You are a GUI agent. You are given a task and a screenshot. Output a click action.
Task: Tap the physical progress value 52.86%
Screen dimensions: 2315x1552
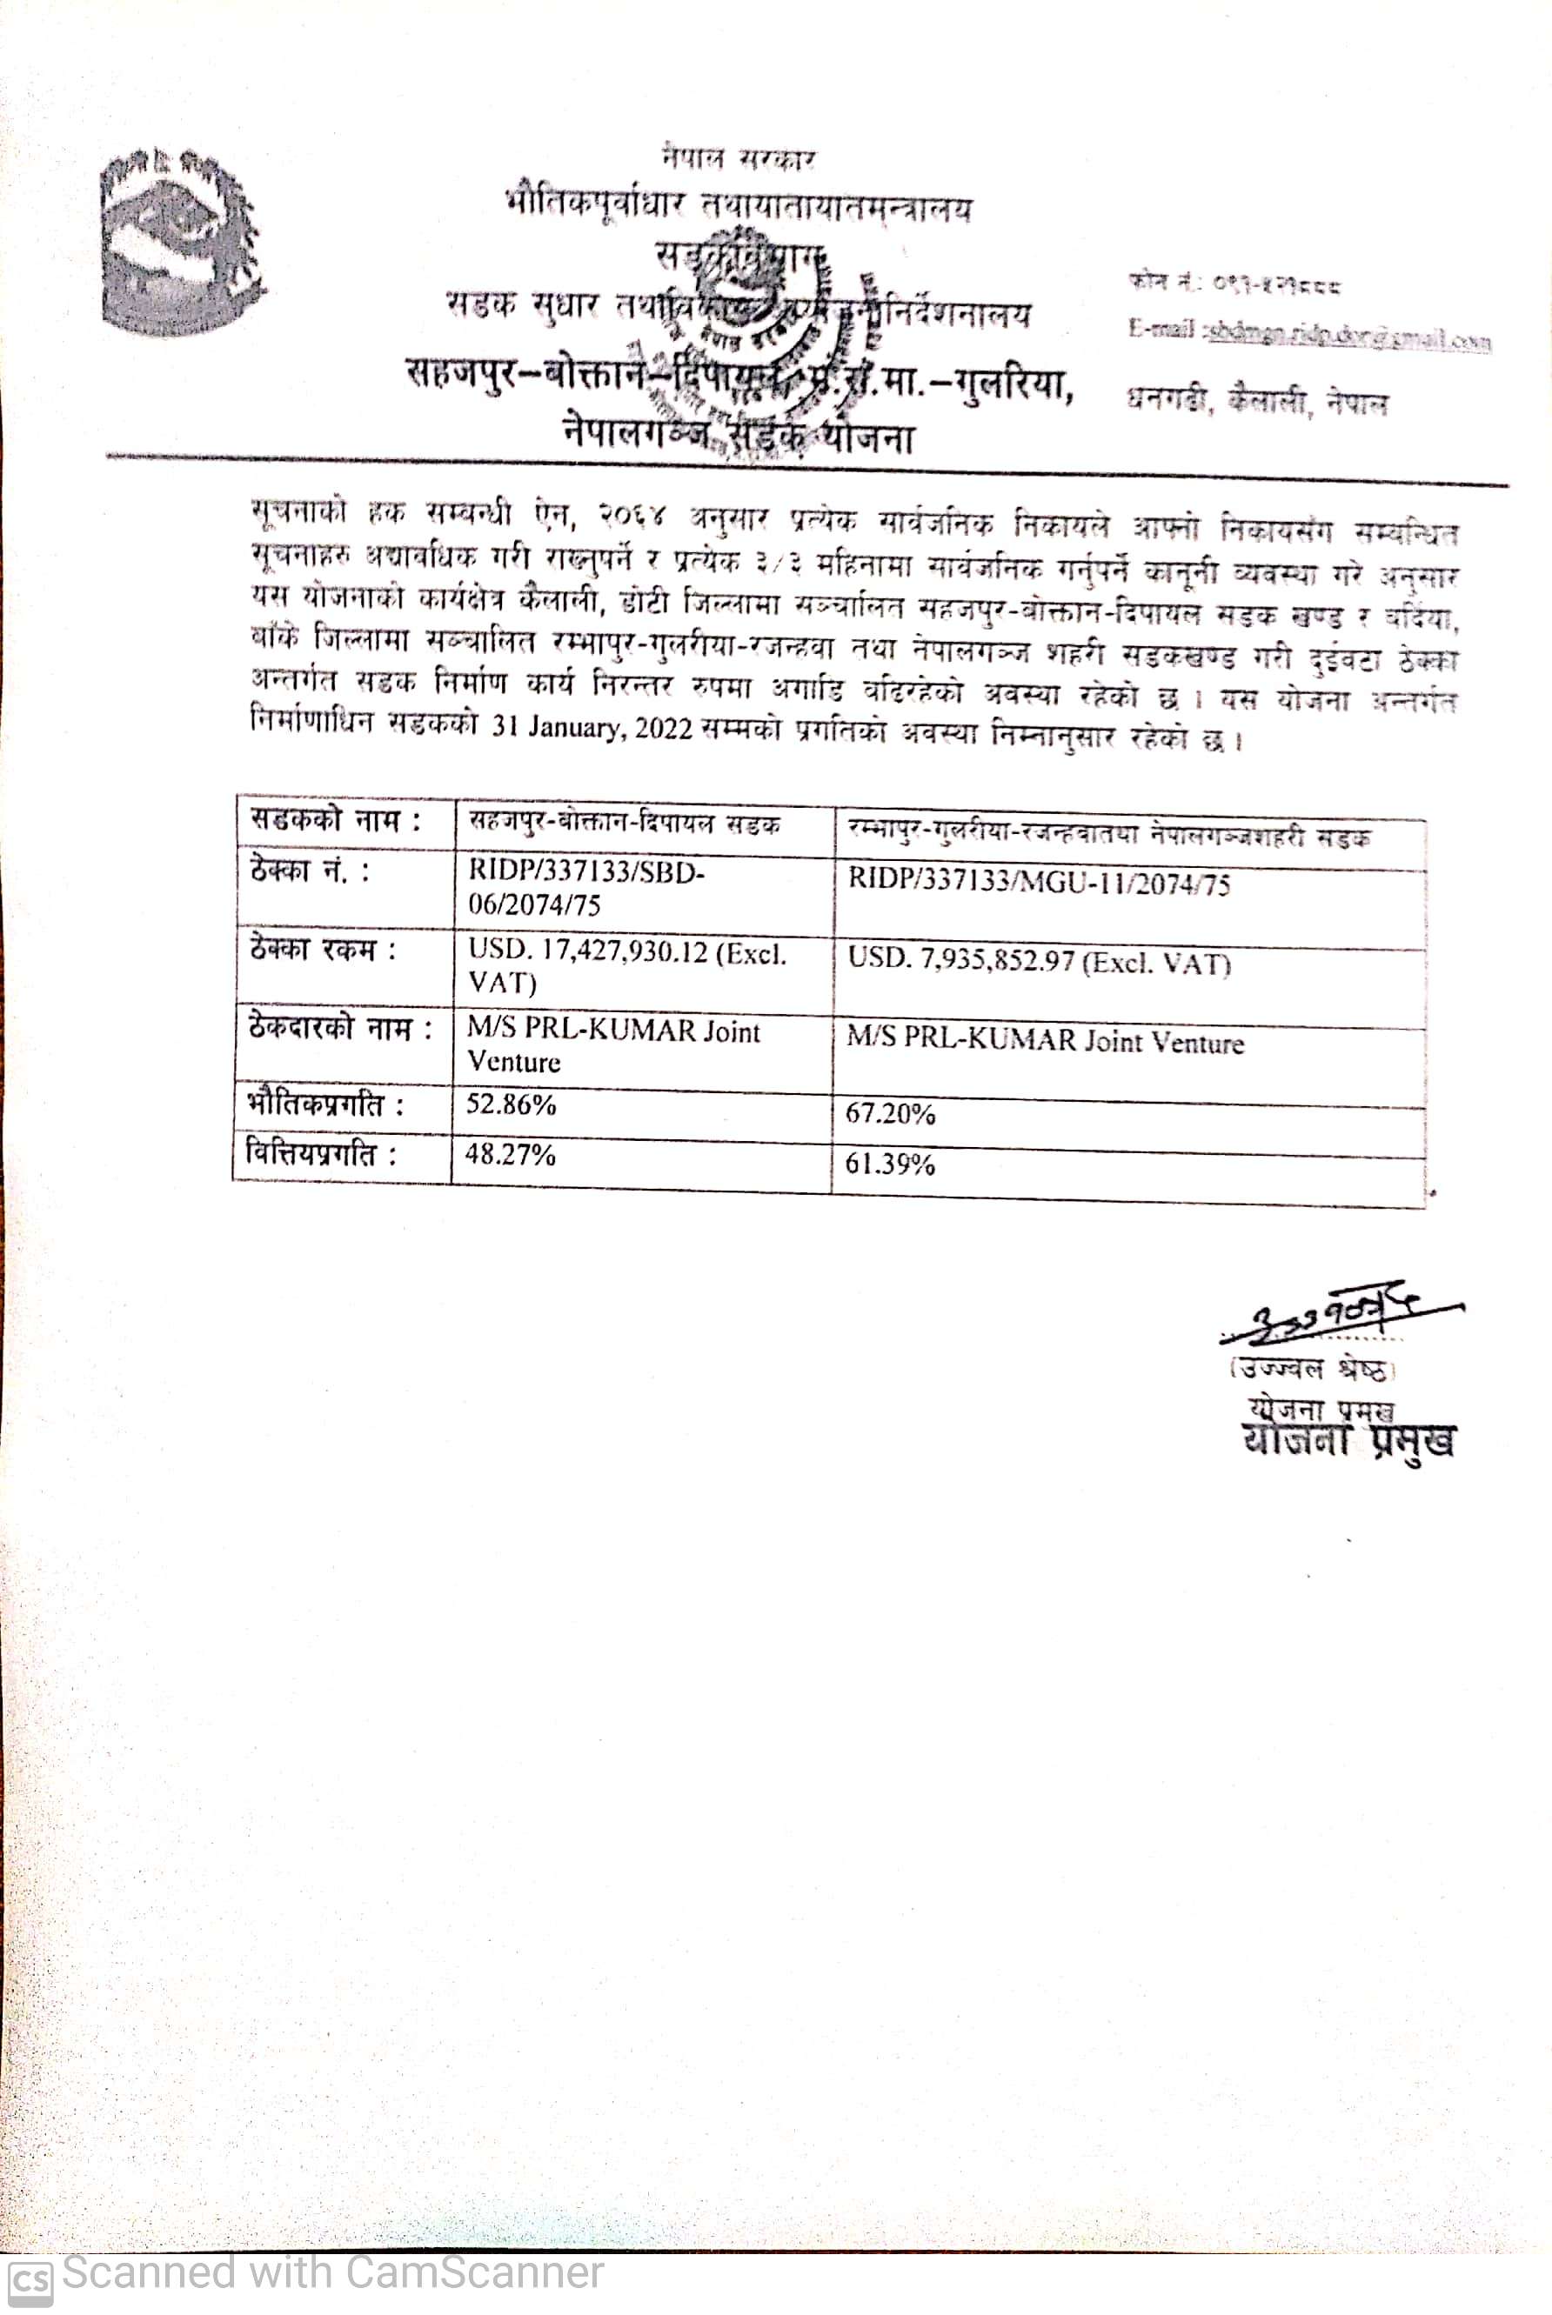tap(511, 1104)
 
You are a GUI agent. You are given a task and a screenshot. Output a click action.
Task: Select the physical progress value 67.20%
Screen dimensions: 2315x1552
tap(890, 1114)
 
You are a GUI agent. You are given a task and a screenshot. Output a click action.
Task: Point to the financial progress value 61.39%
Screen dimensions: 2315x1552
tap(890, 1164)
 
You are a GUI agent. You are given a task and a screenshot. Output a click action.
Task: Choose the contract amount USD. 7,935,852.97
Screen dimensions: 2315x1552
tap(1039, 963)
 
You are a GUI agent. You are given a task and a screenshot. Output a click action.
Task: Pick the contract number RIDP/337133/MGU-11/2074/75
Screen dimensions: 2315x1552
tap(1039, 883)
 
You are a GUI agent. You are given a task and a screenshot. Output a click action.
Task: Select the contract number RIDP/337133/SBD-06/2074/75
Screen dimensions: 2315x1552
tap(586, 889)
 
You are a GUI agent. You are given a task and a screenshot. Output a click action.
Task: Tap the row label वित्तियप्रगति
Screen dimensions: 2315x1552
tap(321, 1153)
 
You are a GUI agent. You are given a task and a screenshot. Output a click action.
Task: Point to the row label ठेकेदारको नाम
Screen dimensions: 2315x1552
tap(339, 1029)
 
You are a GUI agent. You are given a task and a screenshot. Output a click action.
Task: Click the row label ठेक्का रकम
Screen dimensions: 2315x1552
tap(322, 950)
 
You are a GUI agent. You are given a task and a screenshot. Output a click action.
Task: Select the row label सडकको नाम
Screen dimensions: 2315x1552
tap(335, 820)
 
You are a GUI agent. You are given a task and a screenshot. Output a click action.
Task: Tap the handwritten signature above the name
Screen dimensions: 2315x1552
tap(1336, 1317)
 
